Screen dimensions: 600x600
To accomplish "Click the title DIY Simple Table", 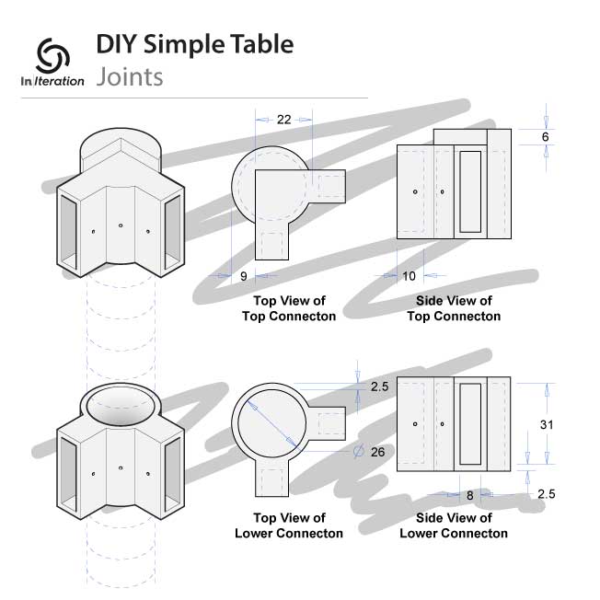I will click(194, 43).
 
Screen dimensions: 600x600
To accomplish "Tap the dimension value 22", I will click(284, 121).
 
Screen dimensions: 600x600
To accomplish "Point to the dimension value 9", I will click(242, 275).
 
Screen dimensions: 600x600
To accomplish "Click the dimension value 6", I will click(545, 136).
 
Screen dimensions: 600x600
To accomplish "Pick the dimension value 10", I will click(410, 275).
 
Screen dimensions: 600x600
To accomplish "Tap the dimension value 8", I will click(469, 494).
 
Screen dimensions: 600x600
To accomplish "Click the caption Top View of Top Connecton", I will click(288, 308).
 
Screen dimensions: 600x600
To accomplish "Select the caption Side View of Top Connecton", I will click(454, 308).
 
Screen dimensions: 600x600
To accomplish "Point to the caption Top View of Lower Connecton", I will click(288, 525).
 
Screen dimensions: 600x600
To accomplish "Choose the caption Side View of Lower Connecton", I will click(454, 525).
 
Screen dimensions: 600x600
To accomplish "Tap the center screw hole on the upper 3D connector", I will click(121, 224).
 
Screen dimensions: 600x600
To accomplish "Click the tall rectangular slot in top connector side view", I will click(469, 190).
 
